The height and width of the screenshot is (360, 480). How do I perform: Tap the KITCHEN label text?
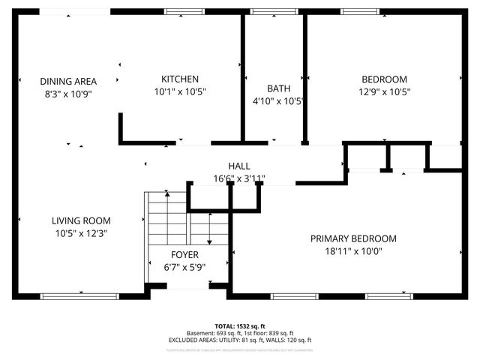(x=180, y=79)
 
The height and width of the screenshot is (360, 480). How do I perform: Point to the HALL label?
(x=239, y=166)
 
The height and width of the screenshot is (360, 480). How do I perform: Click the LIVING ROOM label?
(x=81, y=220)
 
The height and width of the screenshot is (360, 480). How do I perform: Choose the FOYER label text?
(x=184, y=254)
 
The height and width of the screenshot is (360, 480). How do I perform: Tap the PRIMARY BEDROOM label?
(x=353, y=238)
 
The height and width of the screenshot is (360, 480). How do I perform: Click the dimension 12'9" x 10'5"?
(x=384, y=91)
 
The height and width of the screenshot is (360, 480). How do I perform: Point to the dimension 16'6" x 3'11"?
(x=239, y=178)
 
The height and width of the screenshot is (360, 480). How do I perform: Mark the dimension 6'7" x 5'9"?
(x=184, y=266)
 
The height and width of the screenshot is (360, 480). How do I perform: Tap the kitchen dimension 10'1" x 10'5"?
(x=180, y=91)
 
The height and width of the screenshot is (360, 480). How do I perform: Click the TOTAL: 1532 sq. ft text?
(x=239, y=326)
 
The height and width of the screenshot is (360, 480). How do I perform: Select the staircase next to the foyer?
(x=166, y=217)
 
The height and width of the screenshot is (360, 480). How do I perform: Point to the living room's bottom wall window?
(x=69, y=296)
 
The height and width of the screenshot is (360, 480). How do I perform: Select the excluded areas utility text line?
(x=239, y=340)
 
